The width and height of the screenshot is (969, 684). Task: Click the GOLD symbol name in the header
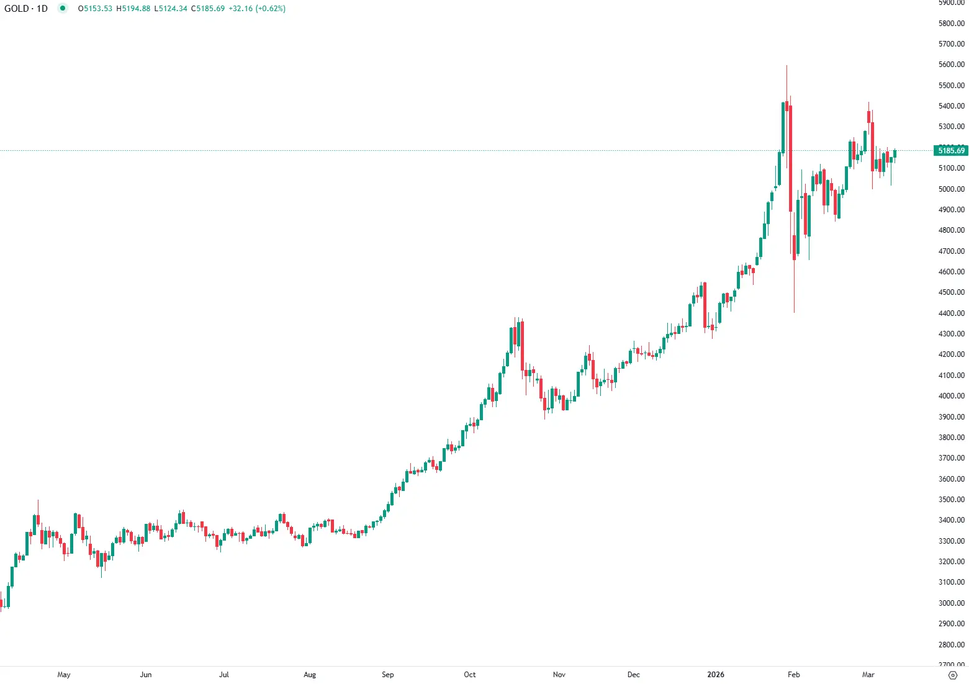coord(16,9)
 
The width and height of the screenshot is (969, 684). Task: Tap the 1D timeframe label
coord(42,9)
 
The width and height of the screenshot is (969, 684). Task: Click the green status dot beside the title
coord(63,8)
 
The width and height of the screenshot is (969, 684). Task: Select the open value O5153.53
coord(95,9)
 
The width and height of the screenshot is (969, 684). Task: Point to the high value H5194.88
coord(133,9)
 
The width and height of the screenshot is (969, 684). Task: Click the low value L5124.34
coord(171,9)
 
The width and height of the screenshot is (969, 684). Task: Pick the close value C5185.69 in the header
coord(208,9)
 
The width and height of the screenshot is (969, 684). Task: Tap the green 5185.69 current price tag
coord(951,151)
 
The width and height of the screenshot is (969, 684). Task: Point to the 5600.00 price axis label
coord(952,65)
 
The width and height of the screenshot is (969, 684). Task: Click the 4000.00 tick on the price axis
coord(952,396)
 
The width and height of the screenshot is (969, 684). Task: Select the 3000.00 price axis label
coord(952,603)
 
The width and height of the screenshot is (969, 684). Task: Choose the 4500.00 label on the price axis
coord(952,292)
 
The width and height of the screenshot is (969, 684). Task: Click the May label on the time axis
coord(64,675)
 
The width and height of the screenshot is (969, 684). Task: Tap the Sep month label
coord(388,675)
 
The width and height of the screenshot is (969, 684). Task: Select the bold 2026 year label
coord(716,675)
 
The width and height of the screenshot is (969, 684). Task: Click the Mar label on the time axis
coord(868,675)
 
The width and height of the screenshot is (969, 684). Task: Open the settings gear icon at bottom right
coord(953,675)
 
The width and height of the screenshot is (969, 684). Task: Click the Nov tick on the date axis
coord(559,675)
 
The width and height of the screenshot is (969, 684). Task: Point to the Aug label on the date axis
coord(310,675)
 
